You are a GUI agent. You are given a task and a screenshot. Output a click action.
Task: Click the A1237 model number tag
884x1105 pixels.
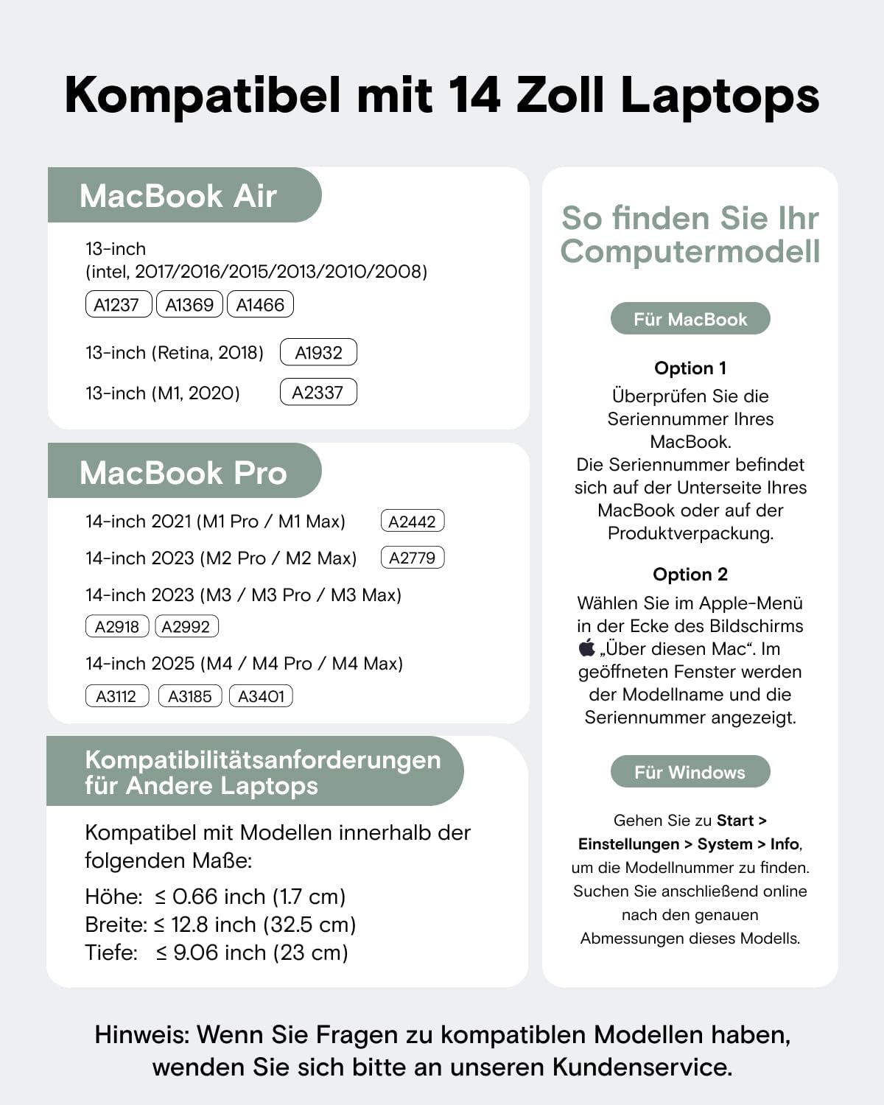tap(118, 304)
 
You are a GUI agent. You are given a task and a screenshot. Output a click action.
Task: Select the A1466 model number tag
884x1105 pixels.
tap(260, 304)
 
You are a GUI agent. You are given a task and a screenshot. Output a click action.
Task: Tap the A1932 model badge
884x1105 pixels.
tap(318, 352)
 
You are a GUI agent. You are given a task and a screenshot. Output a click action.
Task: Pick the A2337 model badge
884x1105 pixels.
tap(318, 392)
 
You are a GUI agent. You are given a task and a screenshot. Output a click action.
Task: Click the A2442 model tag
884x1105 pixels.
tap(413, 521)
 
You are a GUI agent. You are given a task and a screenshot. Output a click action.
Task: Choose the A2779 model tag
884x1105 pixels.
tap(413, 558)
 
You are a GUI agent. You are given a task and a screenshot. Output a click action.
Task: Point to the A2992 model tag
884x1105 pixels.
tap(186, 626)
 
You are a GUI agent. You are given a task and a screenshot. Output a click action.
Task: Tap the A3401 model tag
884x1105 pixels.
tap(261, 695)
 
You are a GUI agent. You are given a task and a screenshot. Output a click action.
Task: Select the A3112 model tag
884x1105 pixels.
tap(116, 695)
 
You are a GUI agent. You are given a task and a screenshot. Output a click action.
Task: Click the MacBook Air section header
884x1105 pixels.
tap(178, 196)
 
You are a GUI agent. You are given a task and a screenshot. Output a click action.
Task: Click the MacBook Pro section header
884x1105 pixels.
tap(183, 472)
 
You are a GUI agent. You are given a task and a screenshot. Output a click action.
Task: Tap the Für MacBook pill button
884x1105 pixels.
tap(690, 319)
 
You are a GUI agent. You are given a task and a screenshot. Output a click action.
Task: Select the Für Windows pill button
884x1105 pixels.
tap(690, 772)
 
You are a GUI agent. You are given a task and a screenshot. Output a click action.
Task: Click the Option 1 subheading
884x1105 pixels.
tap(690, 368)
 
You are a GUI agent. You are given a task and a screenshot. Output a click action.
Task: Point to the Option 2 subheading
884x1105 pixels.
tap(690, 574)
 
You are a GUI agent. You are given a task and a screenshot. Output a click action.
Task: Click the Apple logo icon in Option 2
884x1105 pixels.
tap(586, 648)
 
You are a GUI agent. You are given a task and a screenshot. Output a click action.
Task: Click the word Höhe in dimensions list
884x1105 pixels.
tap(113, 897)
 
